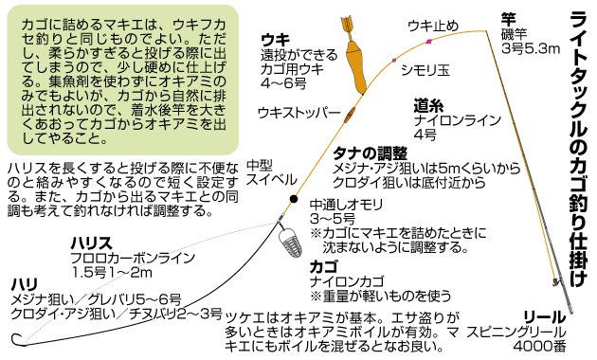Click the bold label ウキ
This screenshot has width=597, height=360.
[275, 40]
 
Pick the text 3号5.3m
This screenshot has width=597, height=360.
[532, 48]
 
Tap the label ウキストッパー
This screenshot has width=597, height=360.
[298, 112]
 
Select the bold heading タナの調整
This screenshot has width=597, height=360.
[371, 152]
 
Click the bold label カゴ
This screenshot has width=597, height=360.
[324, 267]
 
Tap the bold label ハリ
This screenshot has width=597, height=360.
[24, 284]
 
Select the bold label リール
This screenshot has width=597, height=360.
[544, 316]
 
